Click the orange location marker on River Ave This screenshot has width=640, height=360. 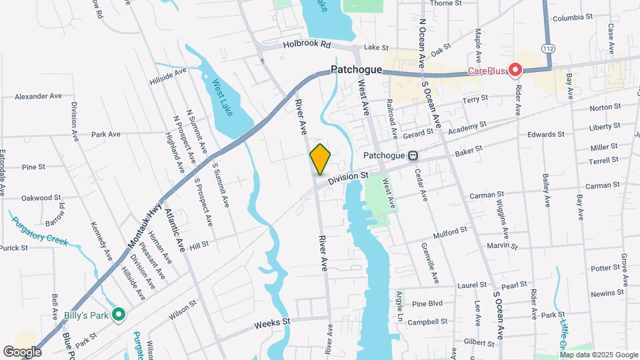click(x=320, y=159)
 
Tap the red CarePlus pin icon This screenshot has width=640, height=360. click(x=515, y=69)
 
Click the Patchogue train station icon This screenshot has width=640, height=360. click(x=413, y=156)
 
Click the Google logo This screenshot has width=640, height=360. click(x=22, y=351)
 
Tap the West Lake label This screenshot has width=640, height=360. click(x=222, y=97)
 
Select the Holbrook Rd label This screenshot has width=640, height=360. click(x=307, y=45)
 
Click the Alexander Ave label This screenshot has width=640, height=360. click(x=37, y=96)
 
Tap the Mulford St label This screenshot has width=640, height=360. click(x=451, y=231)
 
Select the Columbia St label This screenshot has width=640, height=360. click(x=572, y=17)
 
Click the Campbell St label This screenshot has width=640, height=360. click(x=427, y=322)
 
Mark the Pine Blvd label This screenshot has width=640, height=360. click(x=428, y=303)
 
